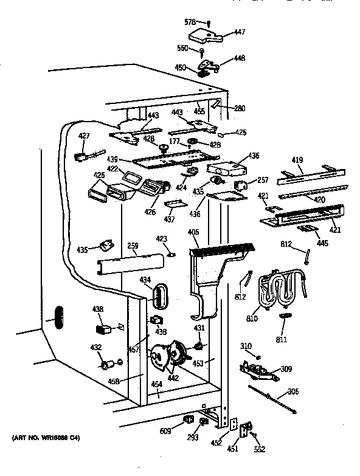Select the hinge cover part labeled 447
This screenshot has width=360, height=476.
(204, 36)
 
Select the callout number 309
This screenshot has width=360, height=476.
(285, 369)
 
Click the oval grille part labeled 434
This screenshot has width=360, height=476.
(159, 295)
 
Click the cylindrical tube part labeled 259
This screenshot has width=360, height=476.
(131, 263)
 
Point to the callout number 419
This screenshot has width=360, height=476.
(297, 161)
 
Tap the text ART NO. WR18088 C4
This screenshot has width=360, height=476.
(46, 438)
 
